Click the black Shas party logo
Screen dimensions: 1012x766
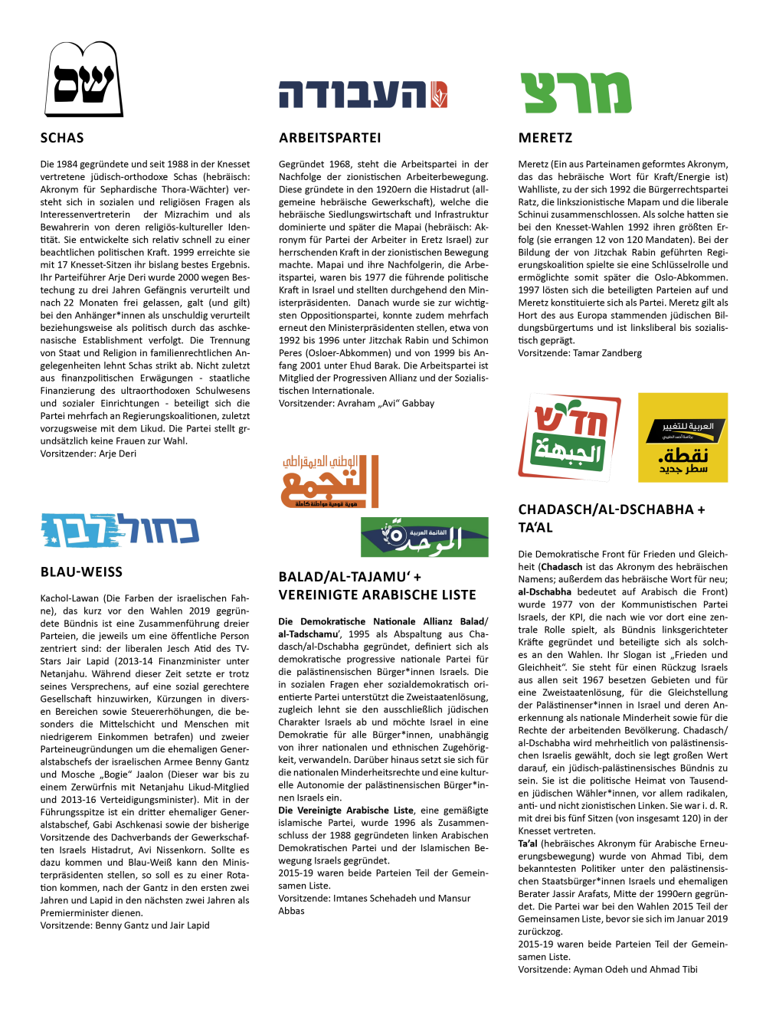[x=83, y=79]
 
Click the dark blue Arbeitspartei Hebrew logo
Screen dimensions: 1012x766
[x=362, y=94]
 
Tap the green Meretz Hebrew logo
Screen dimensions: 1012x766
[x=576, y=93]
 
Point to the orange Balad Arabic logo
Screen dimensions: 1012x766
[x=330, y=481]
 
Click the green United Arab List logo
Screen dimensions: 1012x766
[x=424, y=536]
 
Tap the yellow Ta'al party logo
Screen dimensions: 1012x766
[x=683, y=437]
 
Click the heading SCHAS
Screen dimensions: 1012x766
[x=62, y=138]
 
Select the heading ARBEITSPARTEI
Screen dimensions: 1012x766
[x=329, y=138]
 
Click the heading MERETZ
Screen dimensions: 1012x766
[x=545, y=138]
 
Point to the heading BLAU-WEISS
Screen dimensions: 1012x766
[x=81, y=572]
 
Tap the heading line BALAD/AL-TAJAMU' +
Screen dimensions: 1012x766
[x=350, y=577]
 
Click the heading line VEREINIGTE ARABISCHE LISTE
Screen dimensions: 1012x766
[x=377, y=595]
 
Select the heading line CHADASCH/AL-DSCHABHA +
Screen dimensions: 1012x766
[x=611, y=509]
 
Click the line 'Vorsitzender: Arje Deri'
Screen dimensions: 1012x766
[x=88, y=454]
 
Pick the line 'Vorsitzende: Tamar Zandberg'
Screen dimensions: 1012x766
[x=580, y=353]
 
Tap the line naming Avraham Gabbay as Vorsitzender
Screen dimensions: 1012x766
[x=356, y=403]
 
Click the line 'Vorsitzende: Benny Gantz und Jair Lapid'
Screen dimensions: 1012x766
[x=125, y=925]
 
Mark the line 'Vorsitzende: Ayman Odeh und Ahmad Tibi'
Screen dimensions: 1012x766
[x=607, y=969]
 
